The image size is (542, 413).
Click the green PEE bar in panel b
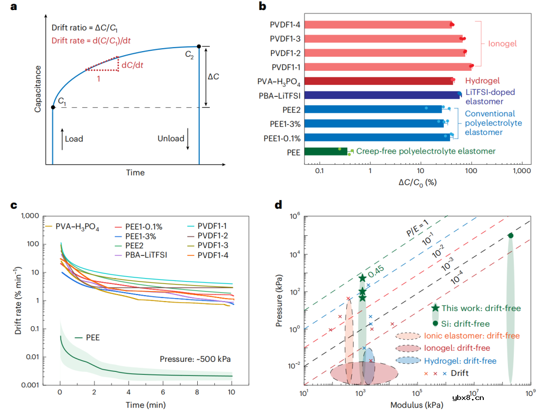[326, 151]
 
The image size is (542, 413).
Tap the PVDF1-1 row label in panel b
[286, 67]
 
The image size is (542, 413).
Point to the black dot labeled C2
[199, 46]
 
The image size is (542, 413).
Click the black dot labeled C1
[53, 107]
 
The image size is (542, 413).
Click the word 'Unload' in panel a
[171, 139]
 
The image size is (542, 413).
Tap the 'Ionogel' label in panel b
[502, 44]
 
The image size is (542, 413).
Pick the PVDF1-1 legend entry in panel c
[215, 226]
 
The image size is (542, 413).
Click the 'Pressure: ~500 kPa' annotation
[195, 359]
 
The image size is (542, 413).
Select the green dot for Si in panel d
[510, 235]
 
